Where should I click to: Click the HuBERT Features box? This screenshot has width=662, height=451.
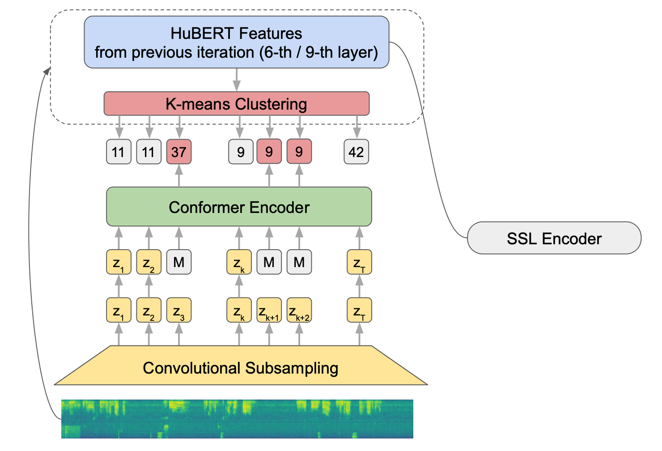pyautogui.click(x=236, y=43)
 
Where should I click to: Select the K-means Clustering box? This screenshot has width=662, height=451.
pyautogui.click(x=236, y=104)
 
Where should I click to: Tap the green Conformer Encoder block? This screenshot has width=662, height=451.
pyautogui.click(x=239, y=207)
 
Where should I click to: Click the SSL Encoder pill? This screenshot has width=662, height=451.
pyautogui.click(x=554, y=238)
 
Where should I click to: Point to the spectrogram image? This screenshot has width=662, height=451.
pyautogui.click(x=237, y=419)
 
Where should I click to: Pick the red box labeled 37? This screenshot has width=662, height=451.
pyautogui.click(x=179, y=152)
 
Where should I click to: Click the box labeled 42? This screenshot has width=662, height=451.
pyautogui.click(x=356, y=152)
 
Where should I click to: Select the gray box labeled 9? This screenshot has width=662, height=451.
pyautogui.click(x=241, y=152)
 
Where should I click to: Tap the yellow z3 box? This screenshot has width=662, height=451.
pyautogui.click(x=179, y=310)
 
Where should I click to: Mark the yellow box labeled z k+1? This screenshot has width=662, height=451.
pyautogui.click(x=269, y=310)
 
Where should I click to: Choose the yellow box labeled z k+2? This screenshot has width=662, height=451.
pyautogui.click(x=299, y=310)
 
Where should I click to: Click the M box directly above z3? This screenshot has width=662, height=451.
pyautogui.click(x=179, y=262)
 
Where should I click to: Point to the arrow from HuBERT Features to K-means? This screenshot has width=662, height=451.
pyautogui.click(x=237, y=80)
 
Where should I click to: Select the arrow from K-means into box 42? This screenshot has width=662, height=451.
pyautogui.click(x=357, y=127)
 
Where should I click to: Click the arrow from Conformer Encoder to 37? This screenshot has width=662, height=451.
pyautogui.click(x=179, y=175)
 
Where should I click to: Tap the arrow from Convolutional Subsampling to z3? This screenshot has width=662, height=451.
pyautogui.click(x=179, y=334)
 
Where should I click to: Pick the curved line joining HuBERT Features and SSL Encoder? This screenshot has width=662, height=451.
pyautogui.click(x=429, y=134)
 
